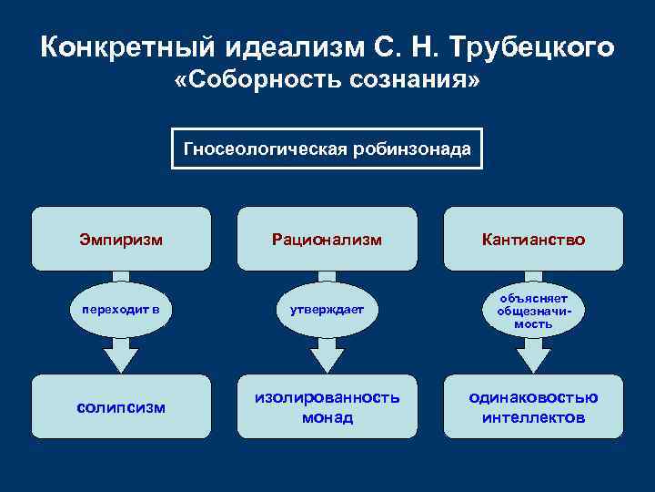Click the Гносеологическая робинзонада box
click(327, 149)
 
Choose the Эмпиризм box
click(121, 240)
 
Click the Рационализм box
click(327, 240)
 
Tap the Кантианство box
click(533, 240)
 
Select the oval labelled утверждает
click(327, 309)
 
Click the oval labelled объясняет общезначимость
click(533, 310)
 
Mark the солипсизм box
click(121, 407)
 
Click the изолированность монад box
click(327, 407)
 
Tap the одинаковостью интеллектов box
click(533, 407)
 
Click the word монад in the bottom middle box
click(327, 418)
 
